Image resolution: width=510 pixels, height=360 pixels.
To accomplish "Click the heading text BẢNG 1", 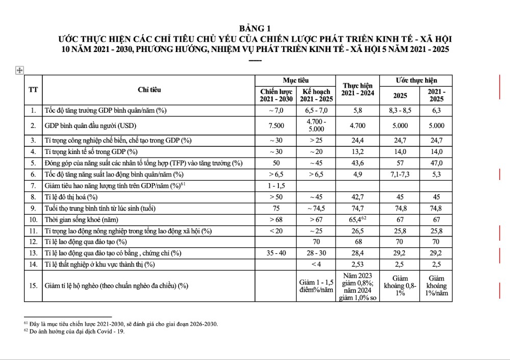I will coord(256,29).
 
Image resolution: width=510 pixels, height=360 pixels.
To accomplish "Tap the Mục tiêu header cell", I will coord(295,81).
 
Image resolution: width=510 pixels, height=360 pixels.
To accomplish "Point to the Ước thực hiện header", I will coord(416,81).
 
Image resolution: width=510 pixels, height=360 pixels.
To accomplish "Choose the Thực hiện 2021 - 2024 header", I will coord(357,90).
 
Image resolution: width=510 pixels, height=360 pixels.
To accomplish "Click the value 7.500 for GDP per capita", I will coord(276,125).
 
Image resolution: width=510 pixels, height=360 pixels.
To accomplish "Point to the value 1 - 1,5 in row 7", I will coord(276,185).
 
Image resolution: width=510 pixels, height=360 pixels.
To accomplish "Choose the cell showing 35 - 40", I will coord(276,253).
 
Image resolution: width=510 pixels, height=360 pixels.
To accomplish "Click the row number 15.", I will coord(33,286).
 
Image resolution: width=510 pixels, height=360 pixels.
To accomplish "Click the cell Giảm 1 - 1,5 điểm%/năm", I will coord(316,286).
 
